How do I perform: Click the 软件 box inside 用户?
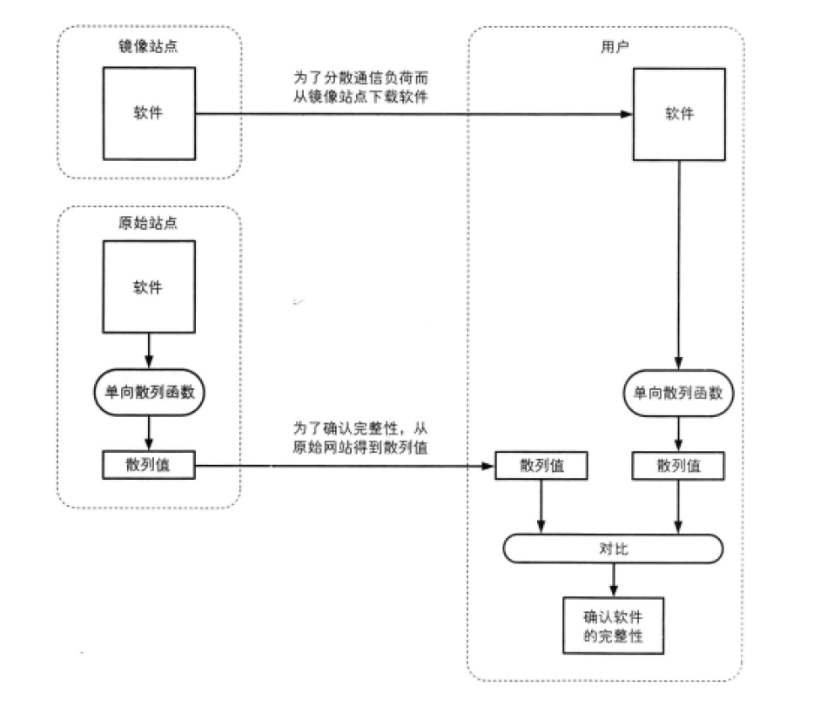679,113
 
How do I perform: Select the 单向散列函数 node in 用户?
679,393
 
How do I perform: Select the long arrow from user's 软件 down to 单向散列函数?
679,261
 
